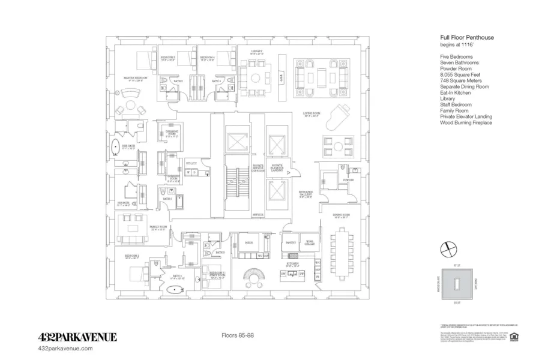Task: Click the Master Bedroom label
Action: [136, 78]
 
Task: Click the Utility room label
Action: [191, 162]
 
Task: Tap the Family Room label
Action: [157, 227]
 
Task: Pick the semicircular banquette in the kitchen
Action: [254, 274]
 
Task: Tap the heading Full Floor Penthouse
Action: [467, 37]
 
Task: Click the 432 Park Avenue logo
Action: [77, 337]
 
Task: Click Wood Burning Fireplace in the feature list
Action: [466, 123]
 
